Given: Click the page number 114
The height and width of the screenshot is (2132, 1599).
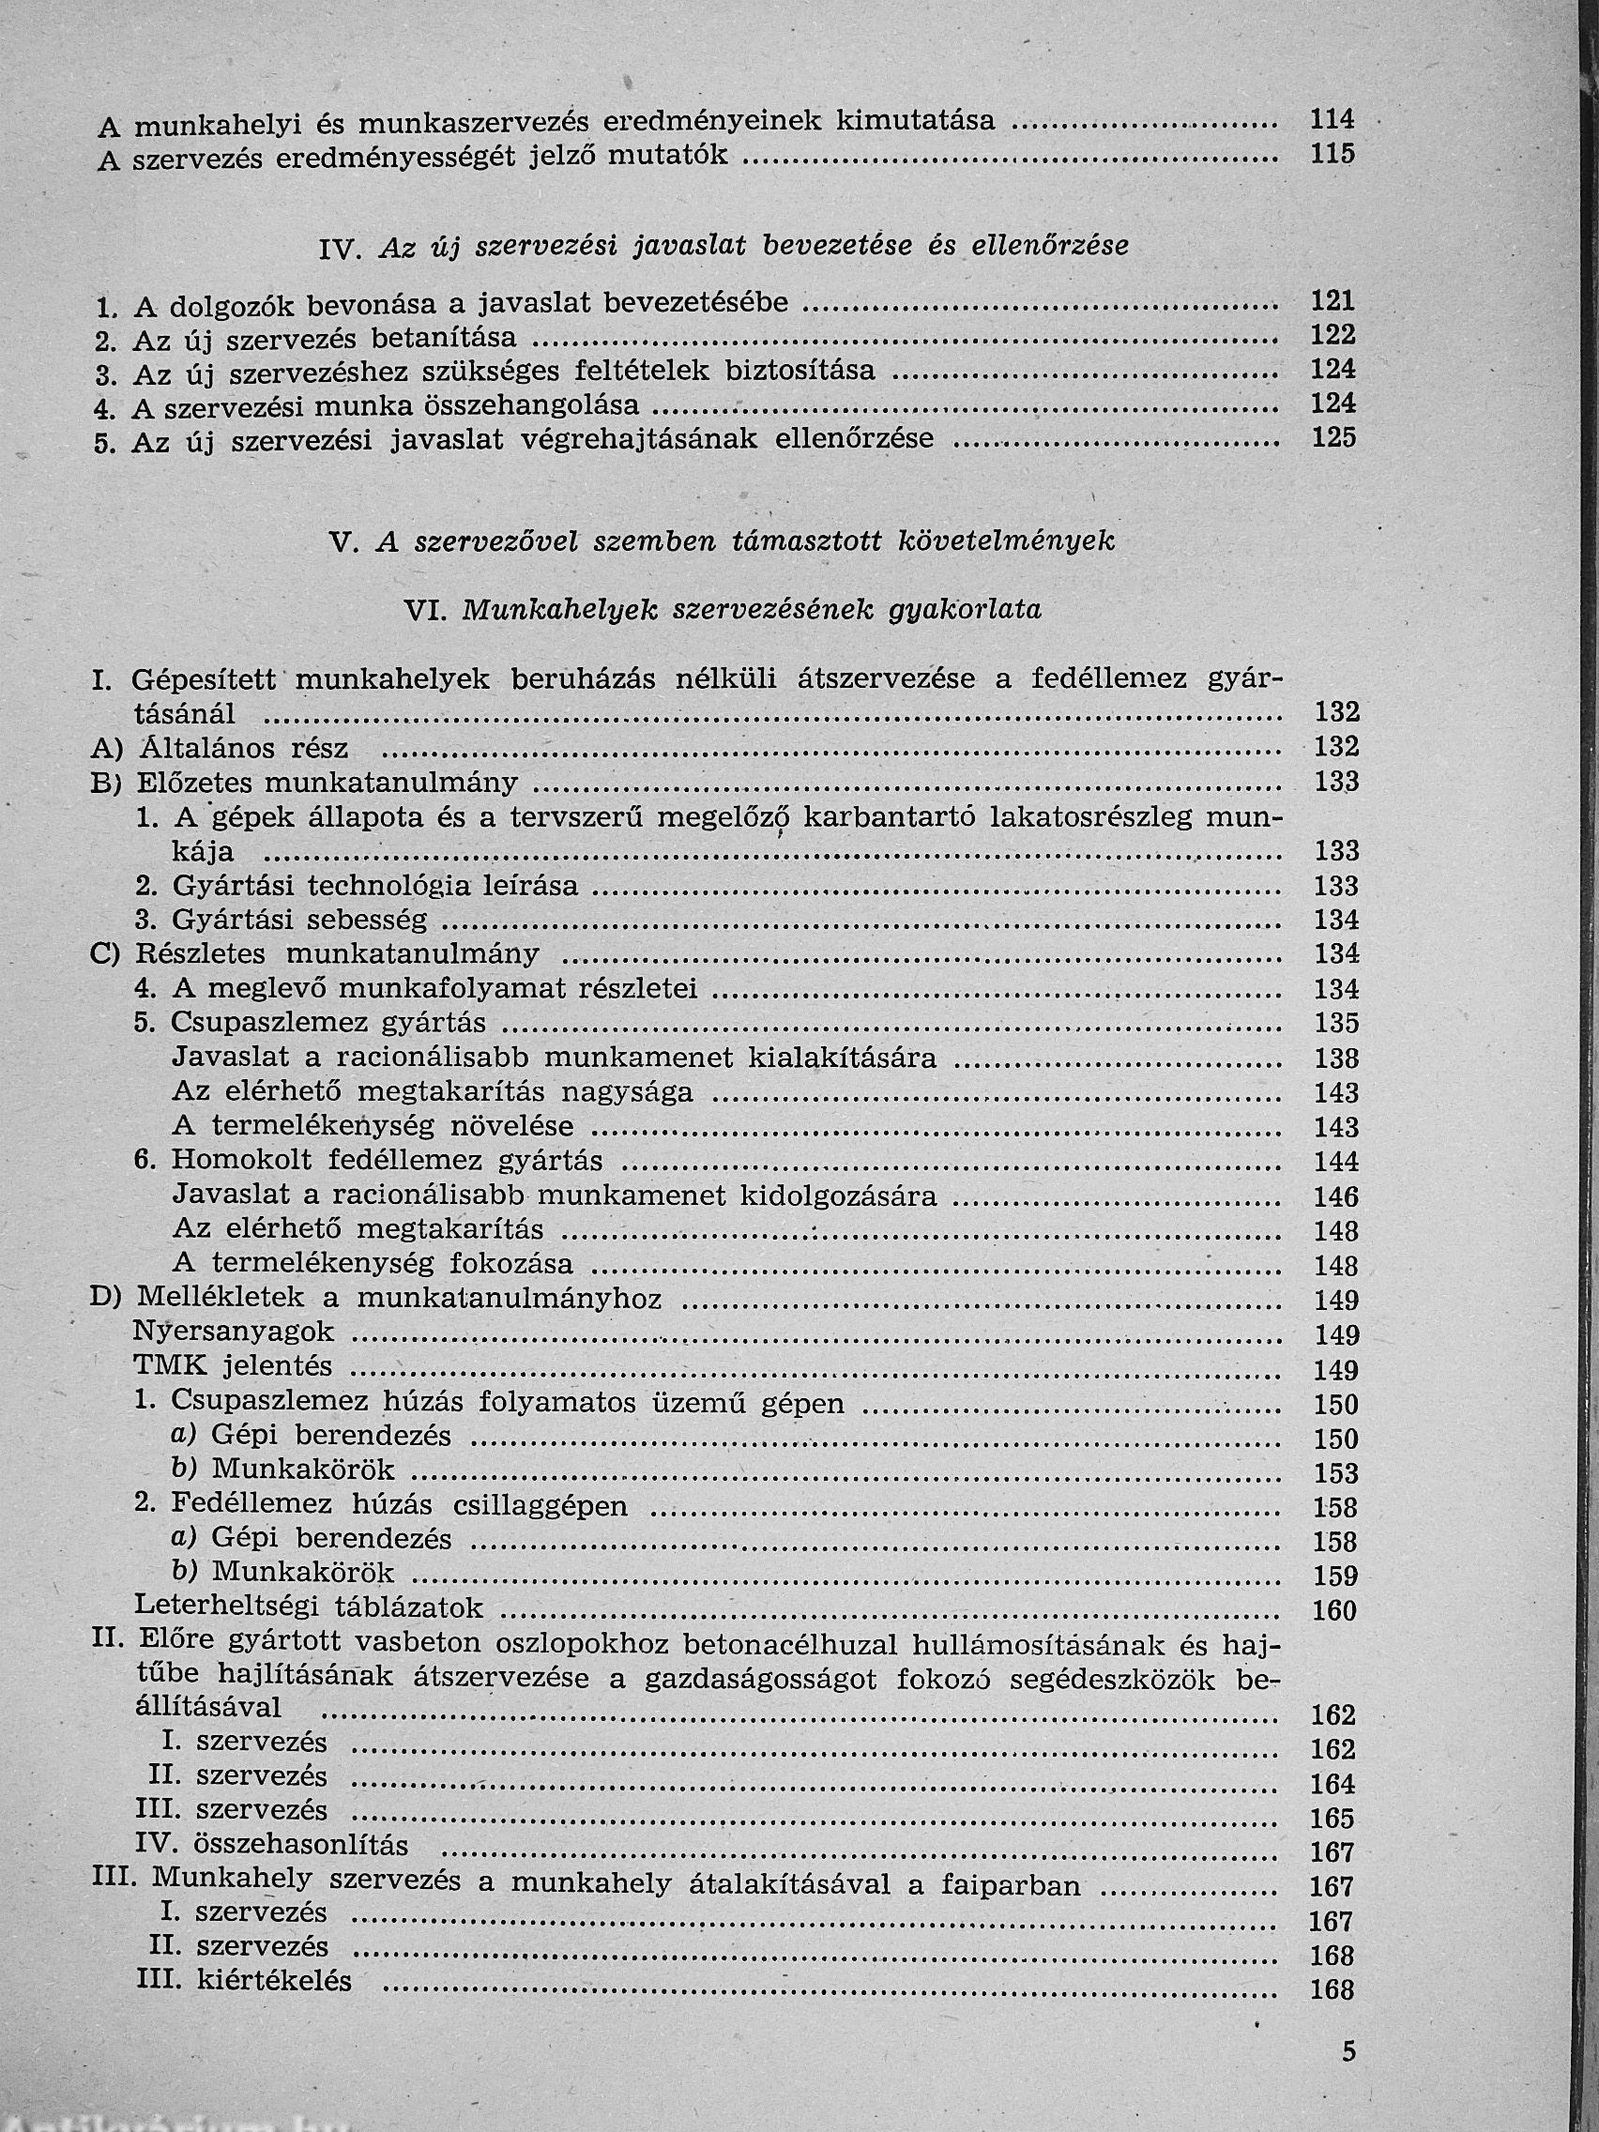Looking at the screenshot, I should click(1332, 119).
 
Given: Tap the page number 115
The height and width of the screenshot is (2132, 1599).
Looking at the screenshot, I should click(1332, 153).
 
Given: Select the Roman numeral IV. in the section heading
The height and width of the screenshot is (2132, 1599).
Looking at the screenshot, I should click(340, 249).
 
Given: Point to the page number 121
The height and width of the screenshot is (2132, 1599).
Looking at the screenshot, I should click(1333, 301).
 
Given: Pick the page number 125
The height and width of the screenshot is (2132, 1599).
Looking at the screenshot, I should click(1333, 438).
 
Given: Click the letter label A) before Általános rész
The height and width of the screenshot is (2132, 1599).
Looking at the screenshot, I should click(105, 749).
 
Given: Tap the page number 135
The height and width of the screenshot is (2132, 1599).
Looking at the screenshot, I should click(1336, 1023).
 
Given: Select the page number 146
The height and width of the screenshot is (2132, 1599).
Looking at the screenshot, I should click(1336, 1197).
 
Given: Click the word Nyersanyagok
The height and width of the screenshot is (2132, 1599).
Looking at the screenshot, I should click(233, 1332).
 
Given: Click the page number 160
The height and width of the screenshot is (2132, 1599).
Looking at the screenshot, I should click(1335, 1610).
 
